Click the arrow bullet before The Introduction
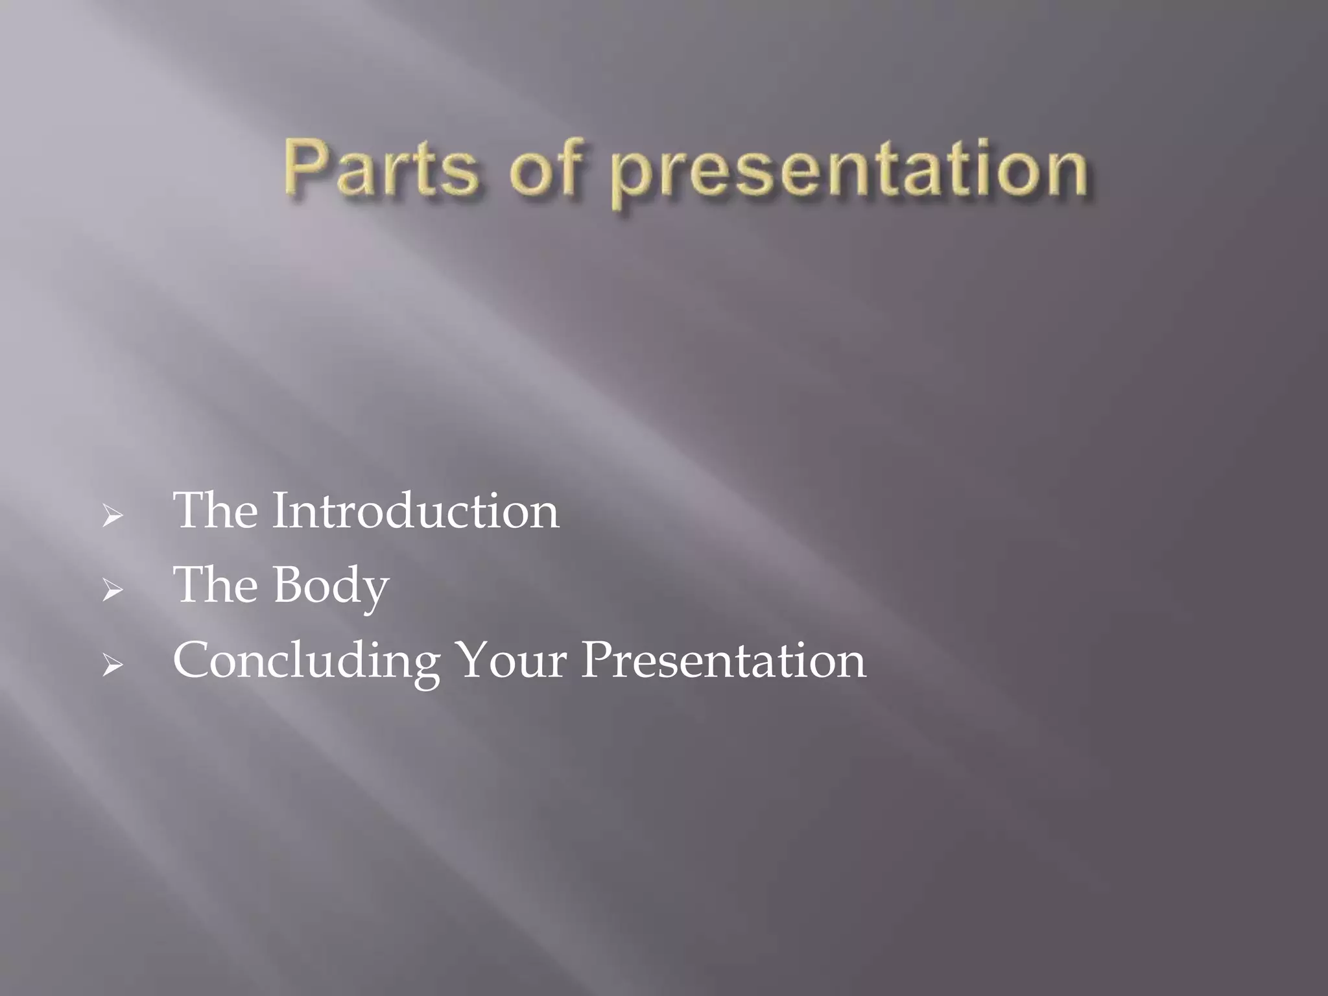tap(112, 517)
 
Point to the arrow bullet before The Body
tap(112, 590)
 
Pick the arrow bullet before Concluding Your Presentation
tap(112, 665)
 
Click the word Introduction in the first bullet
tap(415, 511)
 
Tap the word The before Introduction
tap(215, 511)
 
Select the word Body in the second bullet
tap(331, 586)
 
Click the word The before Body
tap(215, 586)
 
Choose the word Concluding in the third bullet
tap(306, 661)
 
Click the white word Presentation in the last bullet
tap(723, 661)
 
